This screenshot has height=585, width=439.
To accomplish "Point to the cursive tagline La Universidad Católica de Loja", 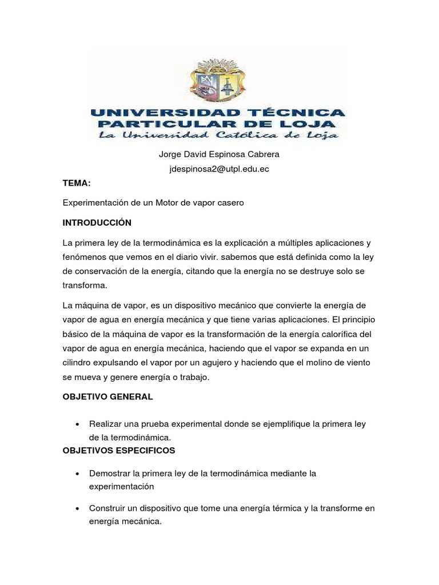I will click(x=218, y=135).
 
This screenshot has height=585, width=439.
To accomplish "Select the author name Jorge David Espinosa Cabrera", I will click(x=219, y=155).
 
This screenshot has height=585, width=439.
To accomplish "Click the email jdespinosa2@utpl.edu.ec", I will click(x=219, y=170).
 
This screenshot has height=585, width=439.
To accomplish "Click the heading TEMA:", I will click(x=77, y=183).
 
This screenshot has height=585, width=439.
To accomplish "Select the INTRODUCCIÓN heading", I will click(x=97, y=222).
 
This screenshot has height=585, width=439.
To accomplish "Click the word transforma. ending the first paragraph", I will click(x=85, y=286).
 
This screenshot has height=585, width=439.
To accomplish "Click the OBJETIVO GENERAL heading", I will click(x=107, y=396).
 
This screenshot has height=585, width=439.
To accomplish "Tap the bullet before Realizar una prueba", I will click(x=77, y=424).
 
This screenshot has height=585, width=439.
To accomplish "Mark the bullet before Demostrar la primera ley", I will click(x=77, y=474).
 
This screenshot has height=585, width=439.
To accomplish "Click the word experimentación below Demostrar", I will click(x=122, y=486).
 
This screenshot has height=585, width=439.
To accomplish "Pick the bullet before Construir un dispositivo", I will click(x=77, y=508).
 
